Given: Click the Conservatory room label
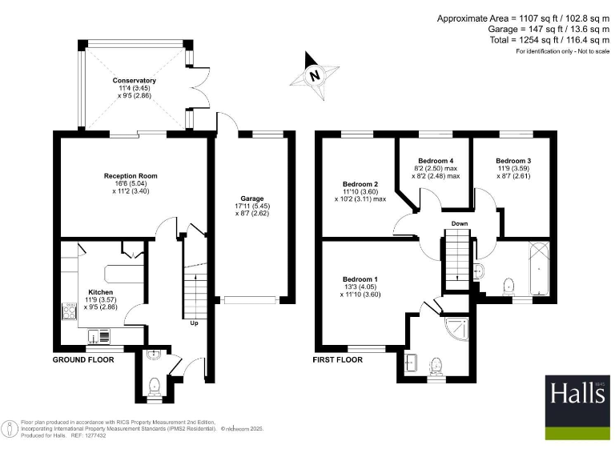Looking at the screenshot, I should (x=135, y=81).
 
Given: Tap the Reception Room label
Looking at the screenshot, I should (x=131, y=176).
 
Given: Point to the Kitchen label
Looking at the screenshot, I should (x=101, y=292).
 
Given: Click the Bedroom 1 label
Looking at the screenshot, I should (x=360, y=279).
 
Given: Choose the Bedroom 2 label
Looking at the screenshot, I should (x=360, y=183).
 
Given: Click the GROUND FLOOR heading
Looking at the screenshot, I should (x=83, y=360).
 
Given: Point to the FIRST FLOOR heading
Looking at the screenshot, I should (x=337, y=360).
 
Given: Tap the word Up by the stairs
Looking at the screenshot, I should (x=194, y=323).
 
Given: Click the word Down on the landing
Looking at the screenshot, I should (x=459, y=223).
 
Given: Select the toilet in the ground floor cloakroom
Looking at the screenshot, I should (x=155, y=386).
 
